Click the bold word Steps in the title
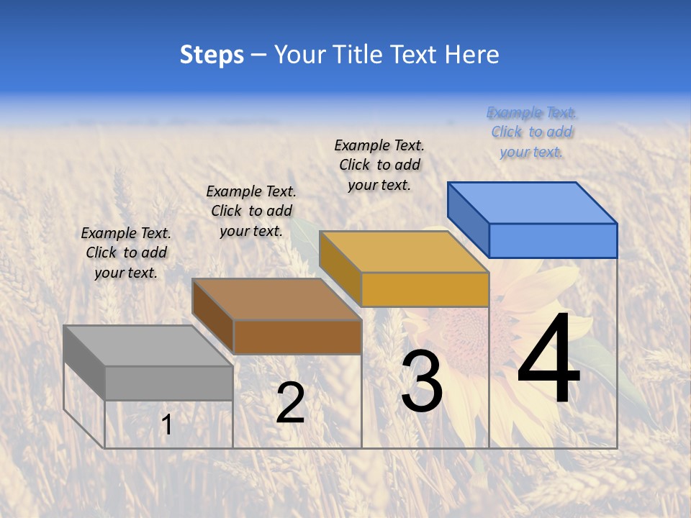coord(212,55)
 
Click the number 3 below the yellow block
coord(422,381)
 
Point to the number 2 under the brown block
coord(290,403)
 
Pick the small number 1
coord(167,424)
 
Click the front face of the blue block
coord(553,240)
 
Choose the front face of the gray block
coord(168,383)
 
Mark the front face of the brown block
coord(297,337)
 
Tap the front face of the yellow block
coord(425,289)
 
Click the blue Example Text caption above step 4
coord(531,132)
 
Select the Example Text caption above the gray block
coord(126,253)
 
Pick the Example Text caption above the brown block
coord(251,211)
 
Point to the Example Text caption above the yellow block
coord(379,165)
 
